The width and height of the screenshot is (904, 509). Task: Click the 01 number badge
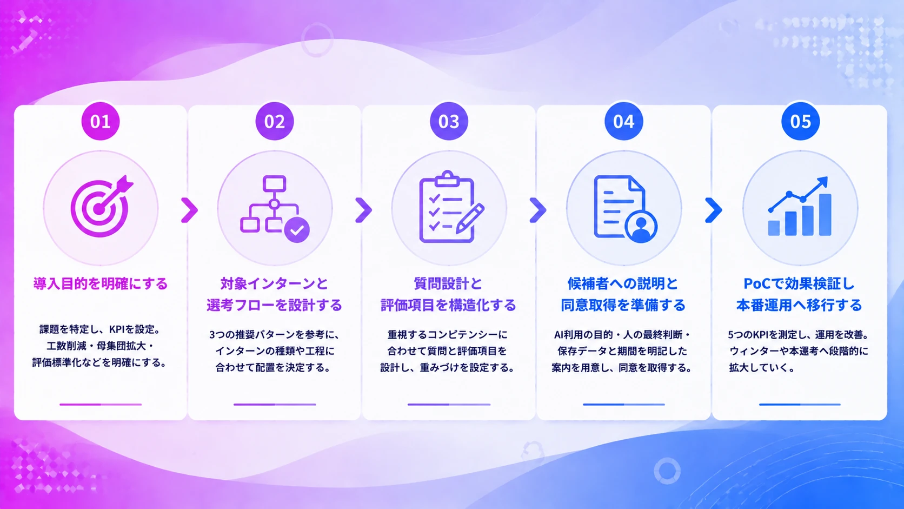point(101,121)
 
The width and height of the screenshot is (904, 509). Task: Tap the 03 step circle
point(449,121)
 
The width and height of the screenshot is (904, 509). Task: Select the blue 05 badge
point(800,121)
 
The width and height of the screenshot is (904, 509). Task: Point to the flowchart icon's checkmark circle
point(297,230)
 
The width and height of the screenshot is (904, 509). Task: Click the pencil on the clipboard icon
point(470,219)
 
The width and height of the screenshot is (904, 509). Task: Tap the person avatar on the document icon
point(641,227)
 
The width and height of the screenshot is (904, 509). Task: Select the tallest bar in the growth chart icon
point(825,215)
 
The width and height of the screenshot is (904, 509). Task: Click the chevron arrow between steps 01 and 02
point(189,210)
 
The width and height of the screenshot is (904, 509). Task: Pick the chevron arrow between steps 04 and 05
point(713,210)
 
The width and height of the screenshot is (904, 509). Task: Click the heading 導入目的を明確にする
point(101,284)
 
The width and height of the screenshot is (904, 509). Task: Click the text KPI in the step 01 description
point(117,329)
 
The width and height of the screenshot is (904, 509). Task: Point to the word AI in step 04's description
point(558,335)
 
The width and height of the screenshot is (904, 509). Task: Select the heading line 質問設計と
point(448,284)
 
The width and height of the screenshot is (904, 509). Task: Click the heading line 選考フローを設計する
point(275,305)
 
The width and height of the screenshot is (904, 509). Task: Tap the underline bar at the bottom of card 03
point(449,404)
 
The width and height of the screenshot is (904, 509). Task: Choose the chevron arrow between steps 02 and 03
point(363,210)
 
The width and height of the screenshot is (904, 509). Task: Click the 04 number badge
point(623,121)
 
